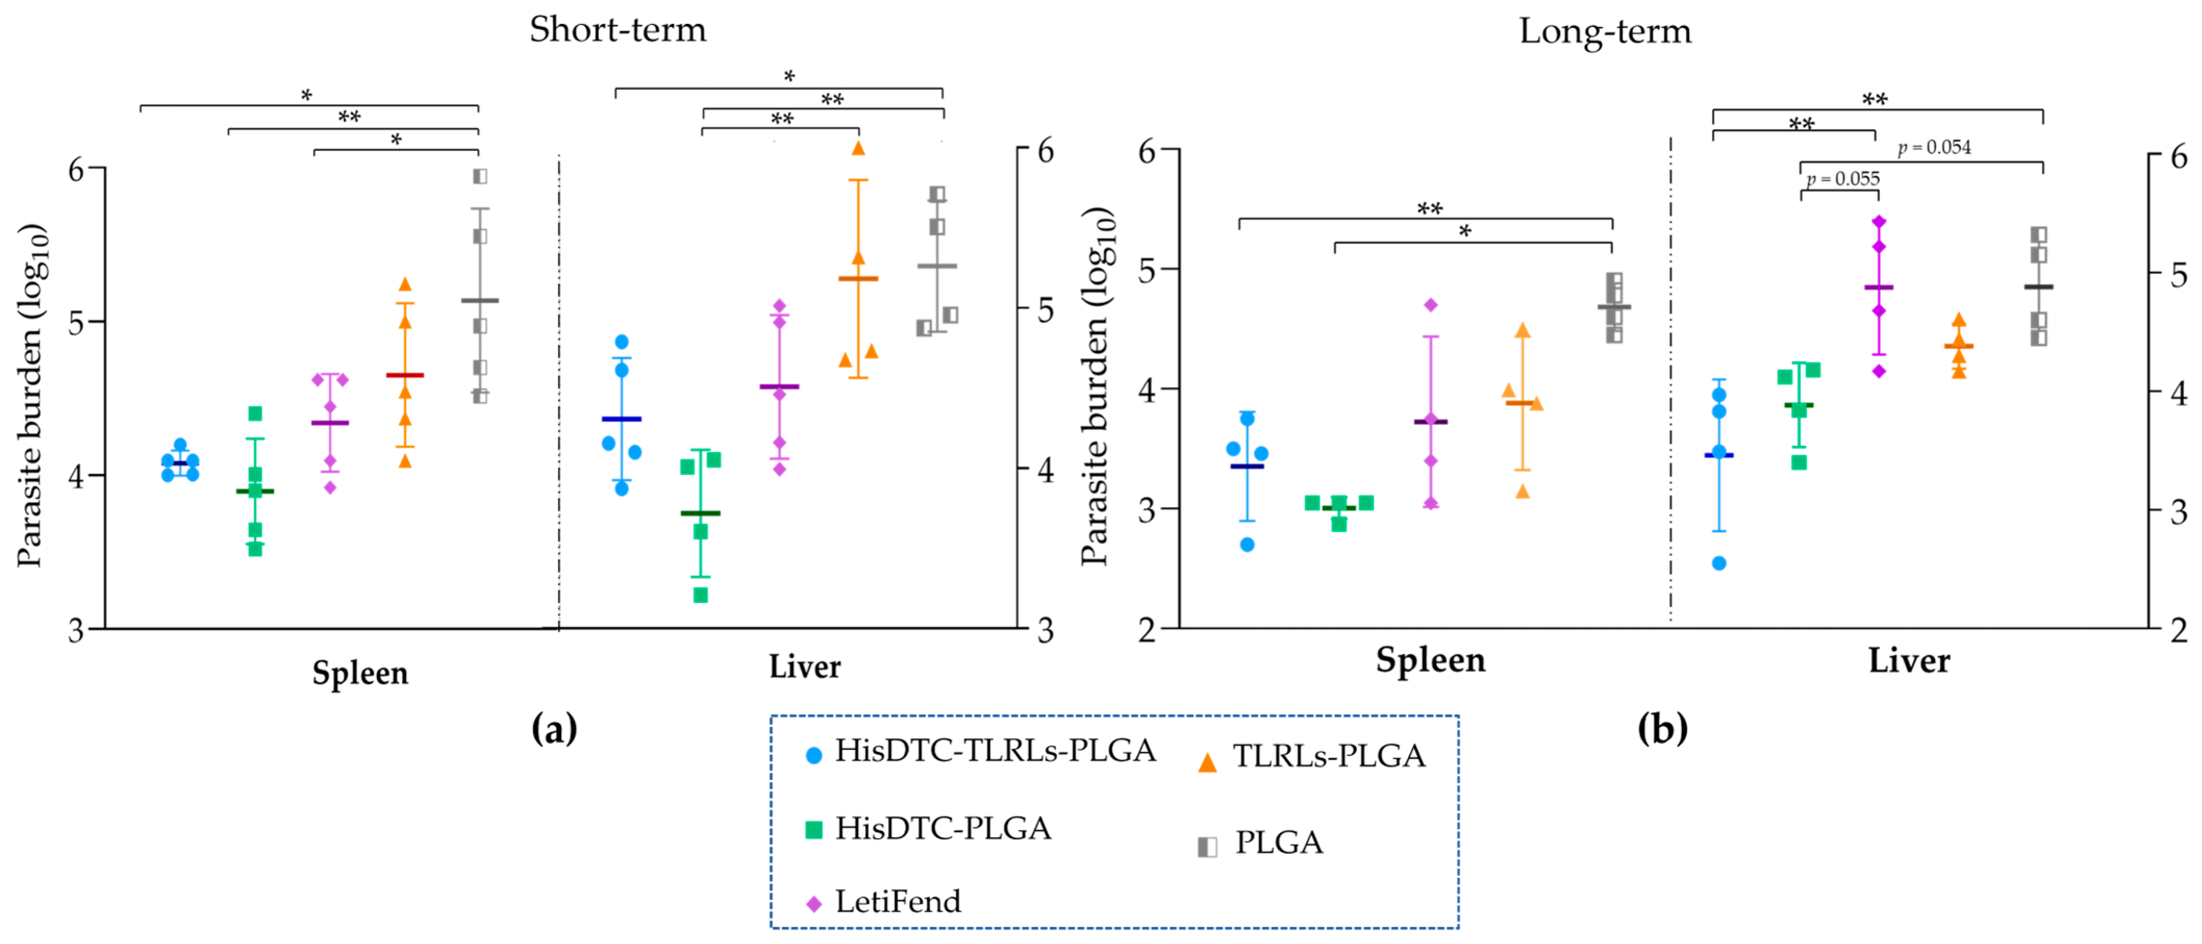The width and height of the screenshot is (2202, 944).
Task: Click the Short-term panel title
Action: click(x=617, y=30)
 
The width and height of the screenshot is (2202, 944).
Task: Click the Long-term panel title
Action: click(x=1604, y=32)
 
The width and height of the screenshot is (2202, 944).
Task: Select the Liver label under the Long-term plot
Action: click(x=1909, y=661)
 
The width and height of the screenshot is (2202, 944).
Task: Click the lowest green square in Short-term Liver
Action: click(x=700, y=595)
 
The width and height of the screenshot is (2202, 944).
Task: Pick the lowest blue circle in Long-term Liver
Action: click(x=1719, y=563)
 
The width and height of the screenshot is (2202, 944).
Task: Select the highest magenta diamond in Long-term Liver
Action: click(x=1879, y=221)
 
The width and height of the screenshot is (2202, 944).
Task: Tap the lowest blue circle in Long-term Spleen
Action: click(x=1247, y=545)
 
